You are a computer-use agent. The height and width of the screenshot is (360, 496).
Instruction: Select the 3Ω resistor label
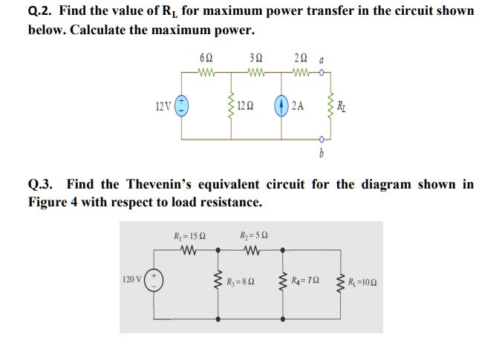(x=255, y=58)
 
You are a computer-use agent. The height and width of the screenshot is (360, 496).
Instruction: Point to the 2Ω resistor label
(x=300, y=58)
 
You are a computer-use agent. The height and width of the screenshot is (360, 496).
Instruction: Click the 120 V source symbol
(x=154, y=280)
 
